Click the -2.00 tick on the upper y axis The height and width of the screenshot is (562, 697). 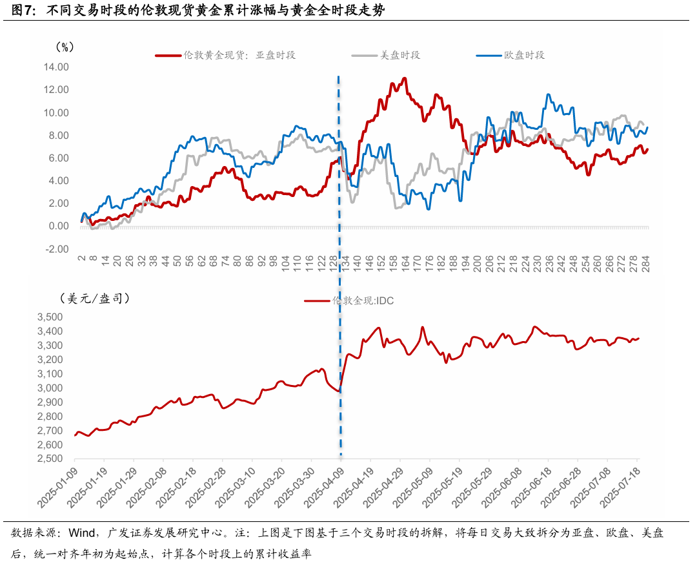pos(56,249)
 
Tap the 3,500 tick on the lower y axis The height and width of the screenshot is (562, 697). pos(50,317)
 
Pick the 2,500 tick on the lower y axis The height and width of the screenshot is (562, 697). pos(50,459)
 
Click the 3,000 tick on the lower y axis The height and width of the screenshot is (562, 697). pos(50,388)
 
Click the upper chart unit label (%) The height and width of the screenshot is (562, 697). pos(65,46)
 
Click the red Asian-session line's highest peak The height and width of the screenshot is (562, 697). pos(405,78)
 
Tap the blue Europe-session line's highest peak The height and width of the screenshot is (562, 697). pos(549,95)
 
